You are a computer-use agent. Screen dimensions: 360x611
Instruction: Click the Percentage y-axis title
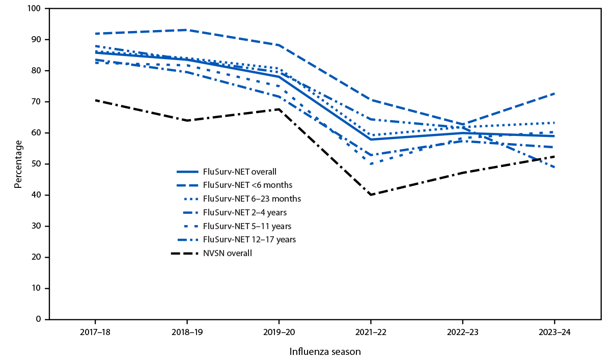18,164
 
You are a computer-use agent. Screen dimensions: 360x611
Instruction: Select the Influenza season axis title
325,352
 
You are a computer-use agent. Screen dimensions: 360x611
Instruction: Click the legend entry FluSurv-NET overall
236,171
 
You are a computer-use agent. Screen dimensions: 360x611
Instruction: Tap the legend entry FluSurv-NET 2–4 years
240,212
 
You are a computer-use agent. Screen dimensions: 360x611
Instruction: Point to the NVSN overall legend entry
227,253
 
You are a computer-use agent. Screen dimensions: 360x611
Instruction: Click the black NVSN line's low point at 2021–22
371,195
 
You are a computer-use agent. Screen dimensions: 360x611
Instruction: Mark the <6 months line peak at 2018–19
187,30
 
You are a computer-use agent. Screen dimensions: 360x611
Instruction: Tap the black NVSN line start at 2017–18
95,100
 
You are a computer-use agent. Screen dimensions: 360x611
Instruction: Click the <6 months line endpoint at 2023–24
554,93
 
